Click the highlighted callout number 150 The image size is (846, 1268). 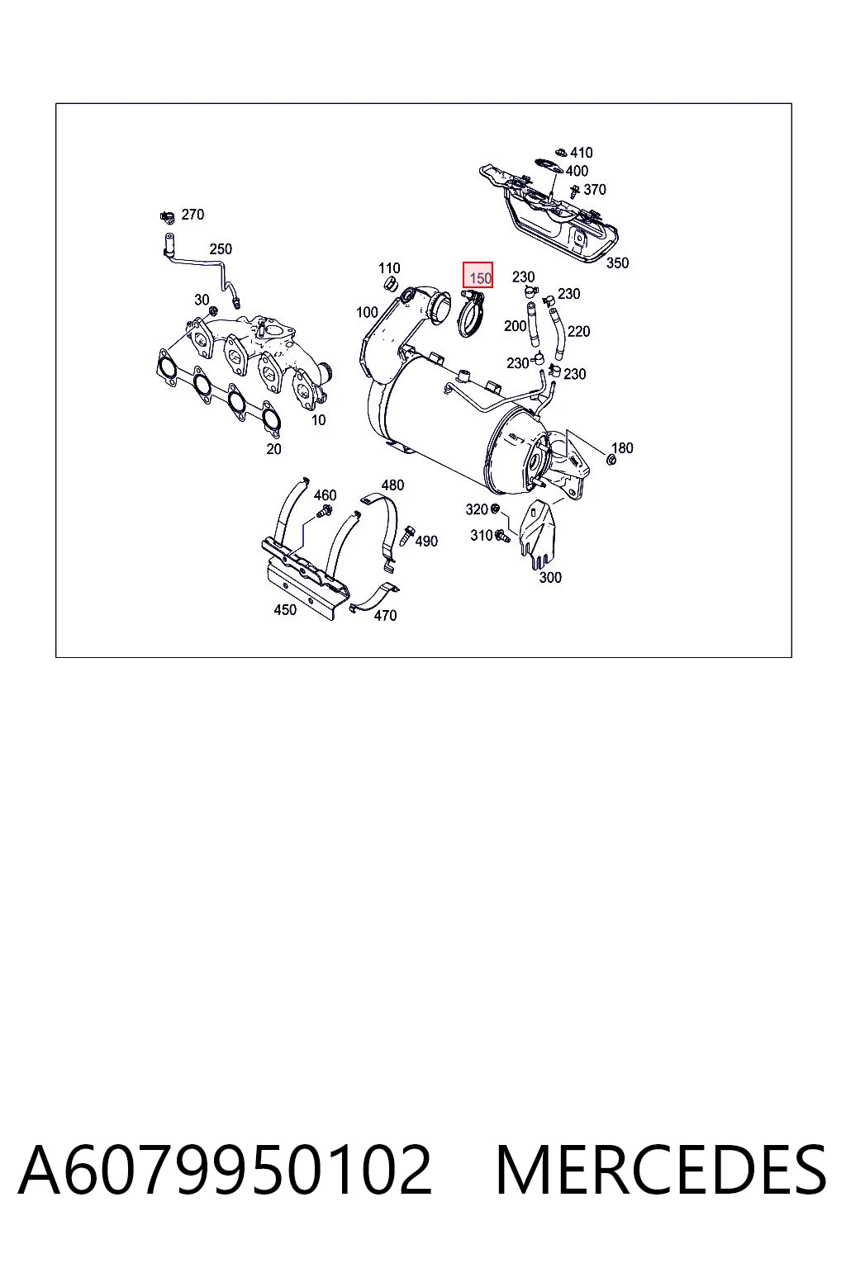pyautogui.click(x=480, y=278)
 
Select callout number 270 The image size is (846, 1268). pyautogui.click(x=192, y=215)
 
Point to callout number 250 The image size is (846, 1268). pyautogui.click(x=221, y=249)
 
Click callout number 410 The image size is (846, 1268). pyautogui.click(x=582, y=152)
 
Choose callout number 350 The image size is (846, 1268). pyautogui.click(x=617, y=263)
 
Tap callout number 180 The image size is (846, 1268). pyautogui.click(x=621, y=447)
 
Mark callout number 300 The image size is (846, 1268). pyautogui.click(x=549, y=577)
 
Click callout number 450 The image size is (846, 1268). pyautogui.click(x=285, y=610)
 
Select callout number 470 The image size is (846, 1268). pyautogui.click(x=385, y=615)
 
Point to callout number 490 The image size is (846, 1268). pyautogui.click(x=426, y=542)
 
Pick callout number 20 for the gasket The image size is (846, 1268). pyautogui.click(x=273, y=449)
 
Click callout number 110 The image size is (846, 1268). pyautogui.click(x=389, y=267)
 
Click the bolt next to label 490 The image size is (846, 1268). pyautogui.click(x=406, y=536)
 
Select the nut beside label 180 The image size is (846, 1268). pyautogui.click(x=611, y=460)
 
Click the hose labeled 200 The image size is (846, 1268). pyautogui.click(x=534, y=324)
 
